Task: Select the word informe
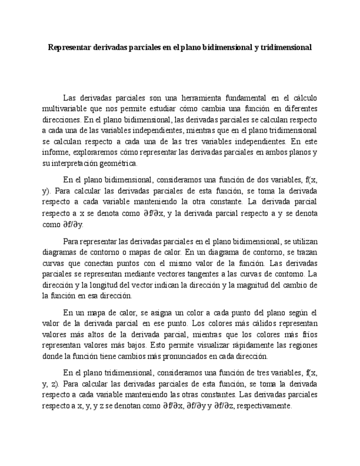(x=55, y=152)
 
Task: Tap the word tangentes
(x=205, y=274)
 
